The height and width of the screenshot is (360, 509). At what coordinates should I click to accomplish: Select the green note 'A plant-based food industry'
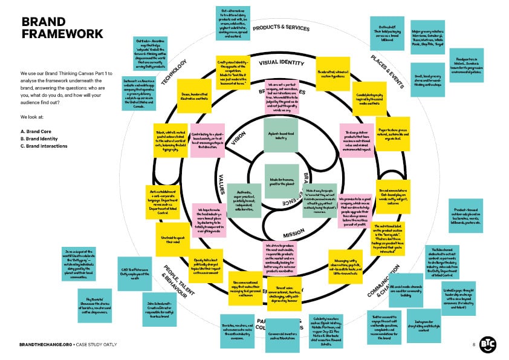[x=281, y=135]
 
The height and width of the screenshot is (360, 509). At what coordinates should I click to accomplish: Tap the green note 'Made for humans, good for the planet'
[x=281, y=180]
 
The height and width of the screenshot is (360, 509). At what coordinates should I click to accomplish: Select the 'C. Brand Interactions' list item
[x=45, y=146]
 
